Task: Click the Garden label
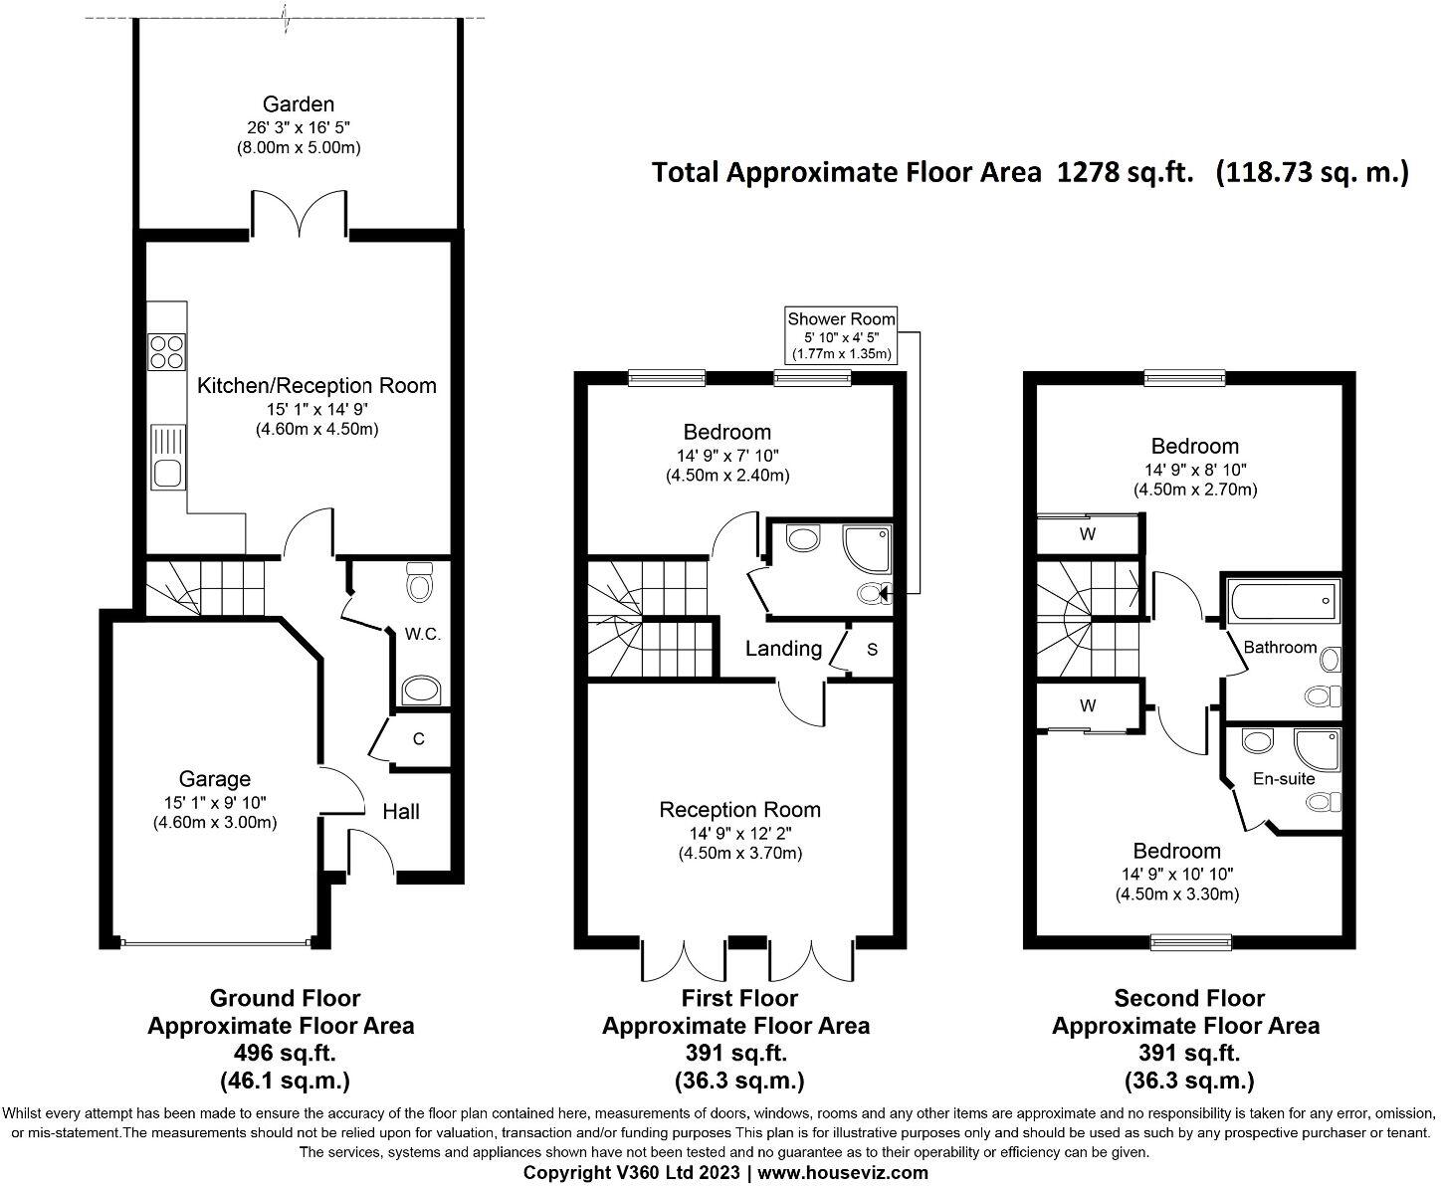(298, 104)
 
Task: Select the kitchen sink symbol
(167, 457)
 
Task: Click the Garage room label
(214, 779)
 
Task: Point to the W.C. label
(422, 634)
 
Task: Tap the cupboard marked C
(419, 739)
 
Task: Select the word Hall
(401, 812)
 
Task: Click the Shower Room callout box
(841, 335)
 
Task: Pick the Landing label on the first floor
(783, 650)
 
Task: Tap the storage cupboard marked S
(872, 650)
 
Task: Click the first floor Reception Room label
(739, 810)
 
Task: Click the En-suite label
(1283, 779)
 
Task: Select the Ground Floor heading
(285, 998)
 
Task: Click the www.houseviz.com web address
(843, 1173)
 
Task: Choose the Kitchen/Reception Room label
(316, 386)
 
